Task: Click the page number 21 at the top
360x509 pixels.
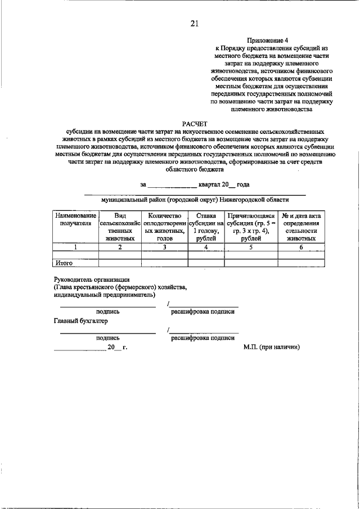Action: coord(195,23)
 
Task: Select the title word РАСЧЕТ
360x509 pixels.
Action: coord(195,123)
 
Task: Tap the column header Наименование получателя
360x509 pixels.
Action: coord(75,219)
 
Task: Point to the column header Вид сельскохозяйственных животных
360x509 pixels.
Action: coord(120,227)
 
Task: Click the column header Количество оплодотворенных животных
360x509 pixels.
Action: coord(164,227)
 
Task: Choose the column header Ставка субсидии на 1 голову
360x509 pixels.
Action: coord(206,227)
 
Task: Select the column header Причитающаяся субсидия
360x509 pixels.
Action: coord(250,227)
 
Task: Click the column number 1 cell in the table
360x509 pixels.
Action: coord(75,246)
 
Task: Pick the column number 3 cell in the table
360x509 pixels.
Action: coord(164,246)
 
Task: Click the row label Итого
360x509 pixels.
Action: coord(64,263)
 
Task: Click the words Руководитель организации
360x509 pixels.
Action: coord(92,279)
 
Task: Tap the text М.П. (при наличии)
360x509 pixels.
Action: coord(272,347)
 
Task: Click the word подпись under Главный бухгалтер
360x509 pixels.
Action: coord(107,338)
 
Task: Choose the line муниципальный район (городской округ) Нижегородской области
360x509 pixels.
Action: coord(195,199)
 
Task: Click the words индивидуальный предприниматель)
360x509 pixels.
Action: coord(105,294)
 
